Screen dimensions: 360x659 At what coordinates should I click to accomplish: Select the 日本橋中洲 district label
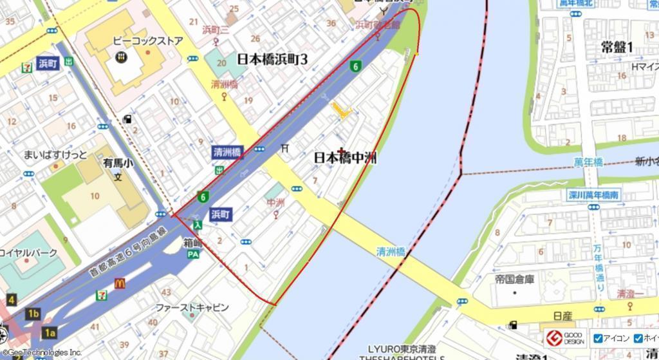346,158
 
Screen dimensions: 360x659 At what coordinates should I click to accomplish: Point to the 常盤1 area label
617,46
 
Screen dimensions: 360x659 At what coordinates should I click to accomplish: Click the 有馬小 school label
118,164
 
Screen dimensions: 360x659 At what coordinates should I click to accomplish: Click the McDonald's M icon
119,283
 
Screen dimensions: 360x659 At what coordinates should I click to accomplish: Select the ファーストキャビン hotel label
192,308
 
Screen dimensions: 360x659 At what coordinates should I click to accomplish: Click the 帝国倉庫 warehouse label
515,280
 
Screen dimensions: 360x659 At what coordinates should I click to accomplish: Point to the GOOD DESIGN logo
565,338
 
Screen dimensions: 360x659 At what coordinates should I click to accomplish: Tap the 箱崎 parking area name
193,243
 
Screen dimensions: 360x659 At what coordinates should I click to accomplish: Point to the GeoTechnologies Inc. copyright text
41,353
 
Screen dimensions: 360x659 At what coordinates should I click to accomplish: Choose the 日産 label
562,316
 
